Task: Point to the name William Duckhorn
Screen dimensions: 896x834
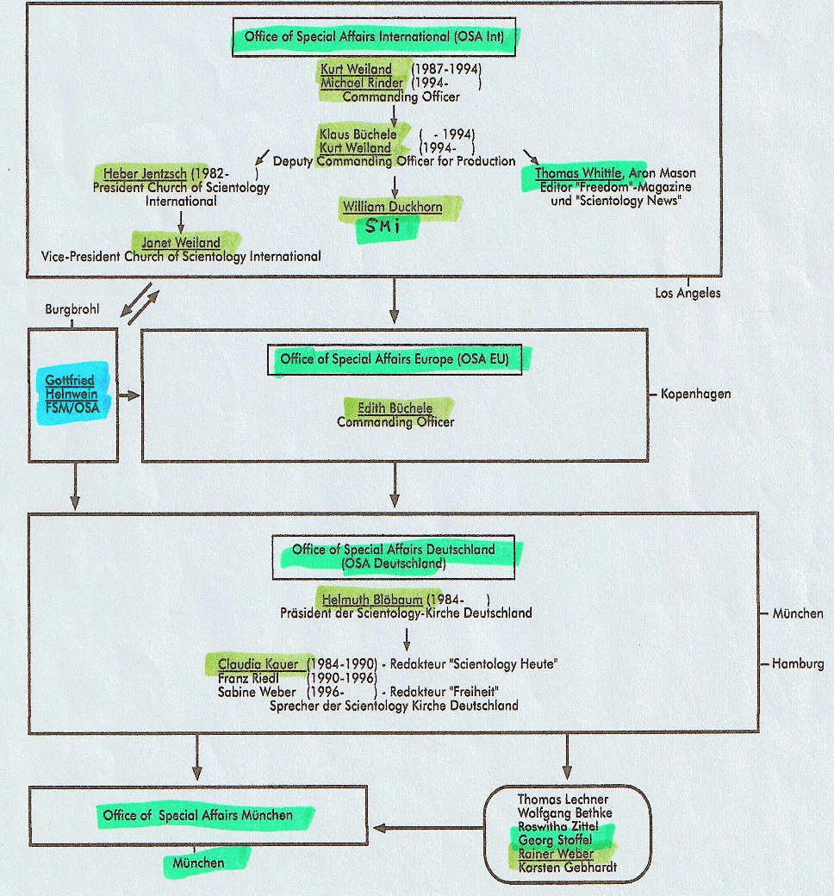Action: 393,207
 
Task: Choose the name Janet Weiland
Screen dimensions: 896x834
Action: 180,243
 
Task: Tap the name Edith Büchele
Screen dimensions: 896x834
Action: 395,408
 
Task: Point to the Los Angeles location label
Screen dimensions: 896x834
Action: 688,293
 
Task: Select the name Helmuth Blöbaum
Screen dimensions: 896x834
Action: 372,600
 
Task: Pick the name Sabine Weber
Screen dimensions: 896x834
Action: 257,692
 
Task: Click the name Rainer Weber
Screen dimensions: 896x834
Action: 556,854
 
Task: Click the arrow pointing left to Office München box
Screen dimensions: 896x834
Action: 427,829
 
